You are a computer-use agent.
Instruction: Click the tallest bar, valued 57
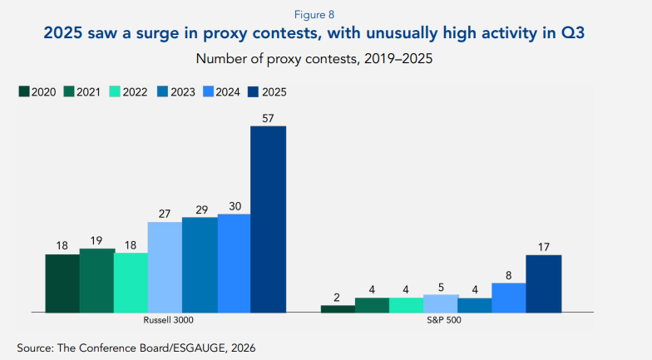click(269, 219)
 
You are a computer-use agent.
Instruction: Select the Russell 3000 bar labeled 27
click(165, 267)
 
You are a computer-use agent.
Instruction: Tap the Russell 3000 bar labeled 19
click(96, 280)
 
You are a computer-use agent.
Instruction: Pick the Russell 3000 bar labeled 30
click(234, 263)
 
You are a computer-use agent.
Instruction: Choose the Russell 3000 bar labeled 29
click(200, 264)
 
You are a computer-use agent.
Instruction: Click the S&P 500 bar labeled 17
click(544, 284)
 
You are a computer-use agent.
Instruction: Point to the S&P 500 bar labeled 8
click(509, 297)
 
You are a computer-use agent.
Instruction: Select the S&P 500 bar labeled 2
click(338, 308)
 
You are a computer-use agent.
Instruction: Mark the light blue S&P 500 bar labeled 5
click(441, 303)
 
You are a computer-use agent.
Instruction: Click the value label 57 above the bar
click(269, 118)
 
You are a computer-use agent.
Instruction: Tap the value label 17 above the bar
click(544, 247)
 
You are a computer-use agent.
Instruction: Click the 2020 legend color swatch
click(24, 92)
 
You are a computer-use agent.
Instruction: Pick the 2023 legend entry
click(177, 92)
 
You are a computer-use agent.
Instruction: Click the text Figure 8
click(325, 14)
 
